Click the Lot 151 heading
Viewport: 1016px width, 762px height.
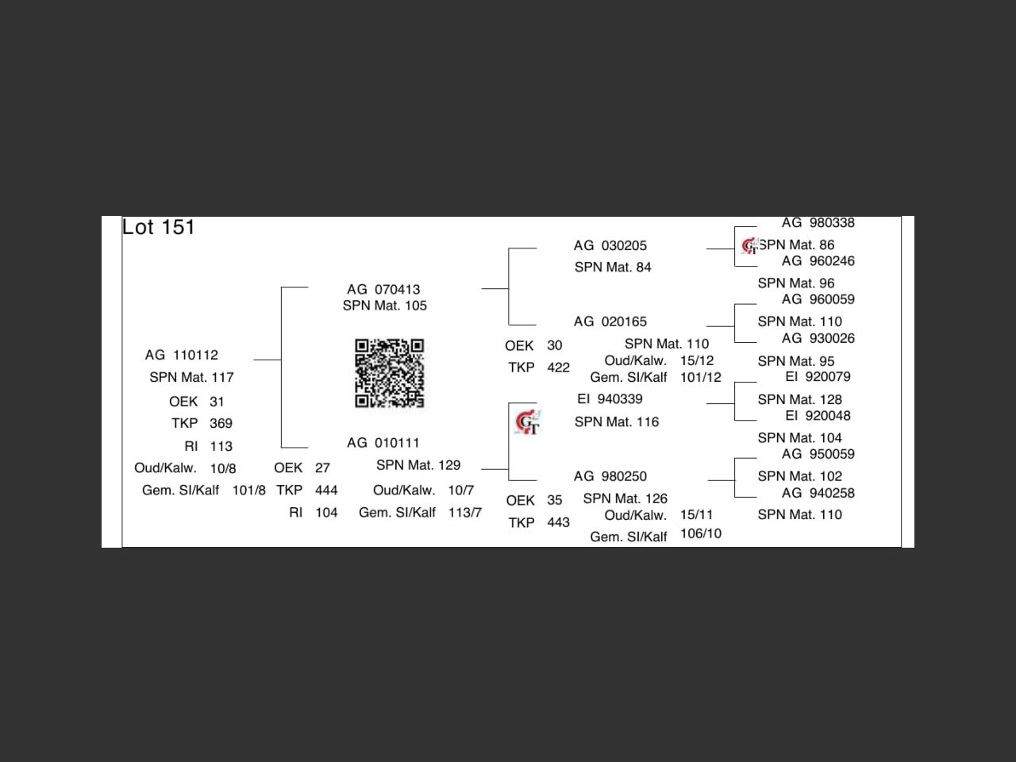pos(159,228)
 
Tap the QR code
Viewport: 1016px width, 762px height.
pos(389,373)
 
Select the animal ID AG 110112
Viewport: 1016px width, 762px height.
pos(182,355)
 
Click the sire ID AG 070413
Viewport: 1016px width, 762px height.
pos(383,290)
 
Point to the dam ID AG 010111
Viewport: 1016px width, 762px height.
pos(383,443)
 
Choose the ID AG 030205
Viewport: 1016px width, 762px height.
pos(610,246)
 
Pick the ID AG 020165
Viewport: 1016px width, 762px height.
pos(610,321)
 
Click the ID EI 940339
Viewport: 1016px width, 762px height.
pos(610,399)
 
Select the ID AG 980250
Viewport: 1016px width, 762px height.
pos(610,476)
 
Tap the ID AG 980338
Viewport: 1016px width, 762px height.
pos(818,223)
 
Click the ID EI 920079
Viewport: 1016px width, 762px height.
pos(818,377)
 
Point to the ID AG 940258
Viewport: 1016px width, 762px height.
pos(818,493)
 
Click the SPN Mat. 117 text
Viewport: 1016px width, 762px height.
pos(191,377)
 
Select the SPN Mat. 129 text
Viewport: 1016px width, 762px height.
pos(418,465)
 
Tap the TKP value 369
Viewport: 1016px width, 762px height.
pos(221,423)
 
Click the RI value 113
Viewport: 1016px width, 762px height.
pos(221,446)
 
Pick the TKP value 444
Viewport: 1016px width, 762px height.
pos(326,491)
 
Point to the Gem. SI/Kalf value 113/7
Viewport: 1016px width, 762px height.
pos(464,513)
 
